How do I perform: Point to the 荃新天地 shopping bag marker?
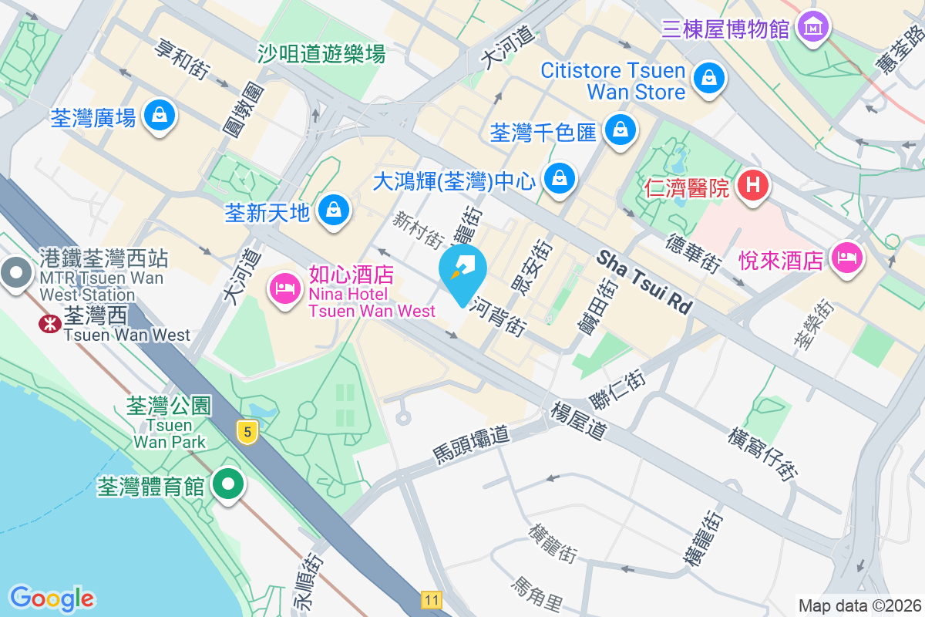(334, 209)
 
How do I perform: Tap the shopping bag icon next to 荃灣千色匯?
(620, 130)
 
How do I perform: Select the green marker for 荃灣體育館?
(227, 485)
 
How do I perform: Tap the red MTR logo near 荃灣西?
(50, 324)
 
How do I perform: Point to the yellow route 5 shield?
(247, 432)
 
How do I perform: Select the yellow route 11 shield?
(431, 598)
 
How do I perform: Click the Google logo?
(52, 598)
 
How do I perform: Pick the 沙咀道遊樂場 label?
(321, 54)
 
